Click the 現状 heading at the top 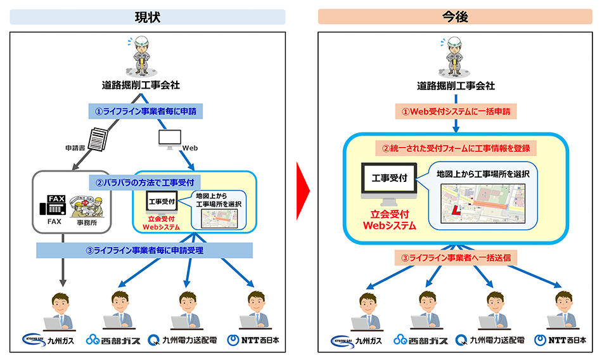tap(148, 17)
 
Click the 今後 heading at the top tap(455, 17)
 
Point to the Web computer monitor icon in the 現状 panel tap(169, 138)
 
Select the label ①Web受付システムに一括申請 tap(456, 112)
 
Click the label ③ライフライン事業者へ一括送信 tap(456, 259)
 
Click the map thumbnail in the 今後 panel tap(480, 202)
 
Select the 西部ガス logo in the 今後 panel tap(421, 340)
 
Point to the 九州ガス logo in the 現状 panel tap(46, 340)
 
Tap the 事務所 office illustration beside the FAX tap(89, 204)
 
